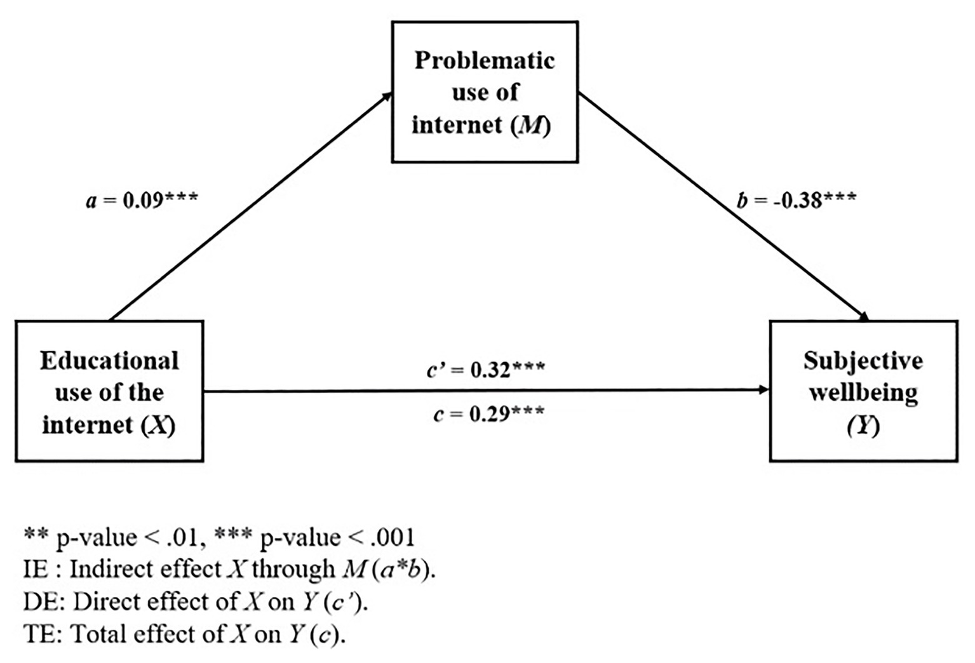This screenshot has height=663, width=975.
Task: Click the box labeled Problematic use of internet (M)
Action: tap(485, 92)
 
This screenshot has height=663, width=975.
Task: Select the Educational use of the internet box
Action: tap(109, 391)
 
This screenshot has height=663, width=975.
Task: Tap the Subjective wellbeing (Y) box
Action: tap(863, 391)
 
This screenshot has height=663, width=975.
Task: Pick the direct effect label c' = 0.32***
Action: tap(485, 369)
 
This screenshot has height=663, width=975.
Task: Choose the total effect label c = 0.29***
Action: tap(488, 414)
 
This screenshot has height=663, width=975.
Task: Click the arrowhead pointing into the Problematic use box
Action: tap(387, 96)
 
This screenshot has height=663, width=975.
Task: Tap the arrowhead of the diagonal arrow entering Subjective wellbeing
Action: tap(864, 316)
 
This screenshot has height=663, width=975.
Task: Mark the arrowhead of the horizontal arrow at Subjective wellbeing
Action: tap(764, 391)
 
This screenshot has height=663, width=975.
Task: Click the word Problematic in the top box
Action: tap(485, 60)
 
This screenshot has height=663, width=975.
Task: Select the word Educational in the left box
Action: tap(109, 361)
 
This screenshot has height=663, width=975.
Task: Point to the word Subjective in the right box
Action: tap(863, 361)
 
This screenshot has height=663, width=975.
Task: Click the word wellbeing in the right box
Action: tap(863, 392)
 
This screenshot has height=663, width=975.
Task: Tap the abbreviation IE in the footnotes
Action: tap(36, 569)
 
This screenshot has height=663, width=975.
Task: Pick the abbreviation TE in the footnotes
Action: tap(37, 634)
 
